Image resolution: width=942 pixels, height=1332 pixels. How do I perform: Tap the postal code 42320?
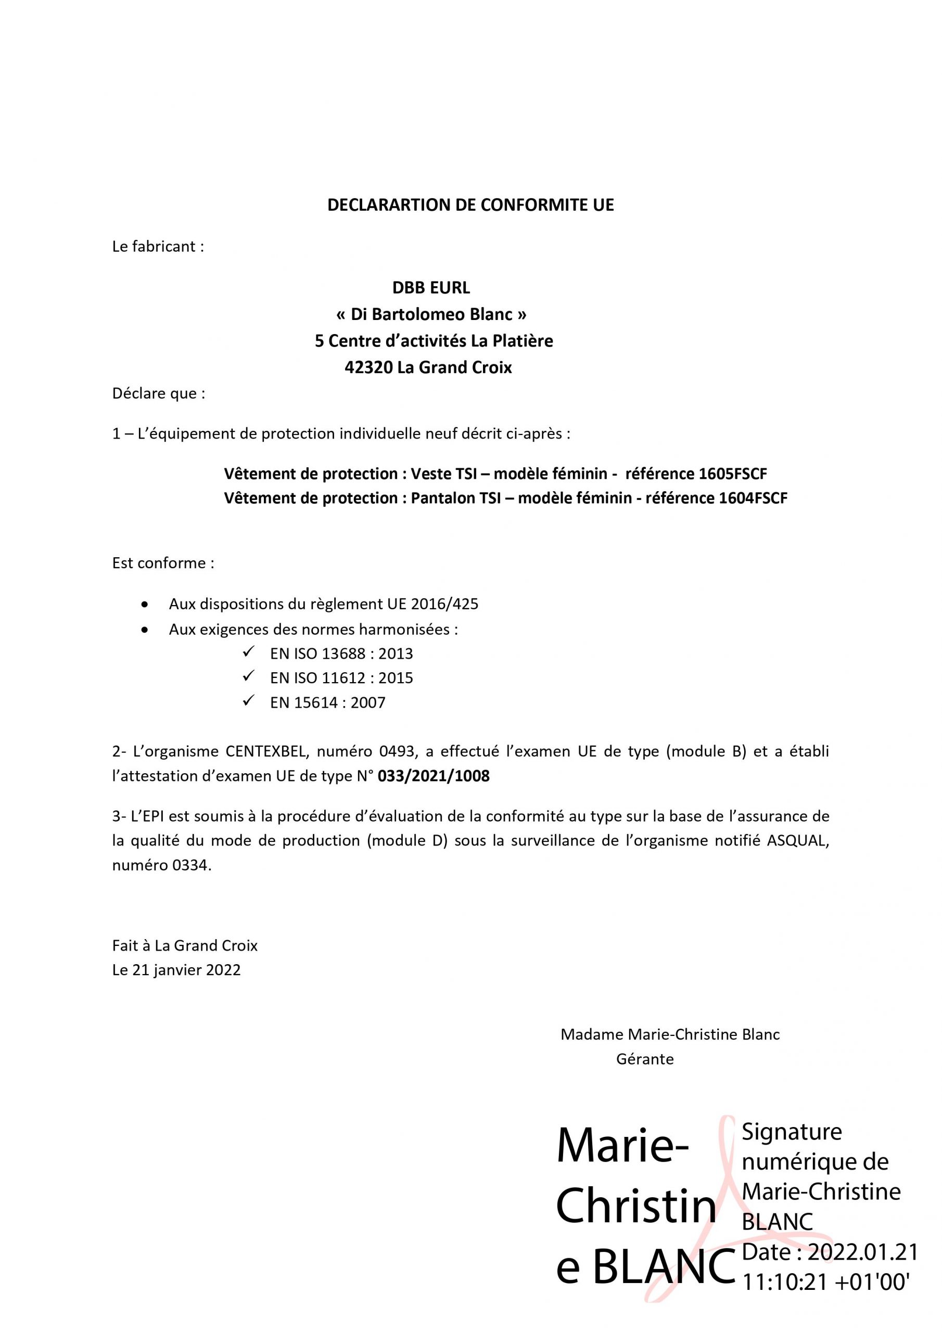point(368,367)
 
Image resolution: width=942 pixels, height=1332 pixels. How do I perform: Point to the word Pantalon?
point(439,498)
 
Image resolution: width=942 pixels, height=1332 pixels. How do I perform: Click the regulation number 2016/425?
point(444,604)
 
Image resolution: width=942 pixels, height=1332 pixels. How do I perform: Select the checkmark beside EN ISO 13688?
point(248,652)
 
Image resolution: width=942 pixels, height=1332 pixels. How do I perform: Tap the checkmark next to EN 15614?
point(248,701)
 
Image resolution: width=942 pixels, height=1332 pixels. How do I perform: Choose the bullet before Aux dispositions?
point(145,605)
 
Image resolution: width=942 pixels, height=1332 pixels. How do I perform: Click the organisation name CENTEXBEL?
point(267,751)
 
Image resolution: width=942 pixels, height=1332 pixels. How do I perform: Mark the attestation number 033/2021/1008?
point(433,776)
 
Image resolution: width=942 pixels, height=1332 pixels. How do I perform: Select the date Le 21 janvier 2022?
point(176,970)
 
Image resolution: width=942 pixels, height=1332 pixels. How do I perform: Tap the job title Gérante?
point(645,1059)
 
